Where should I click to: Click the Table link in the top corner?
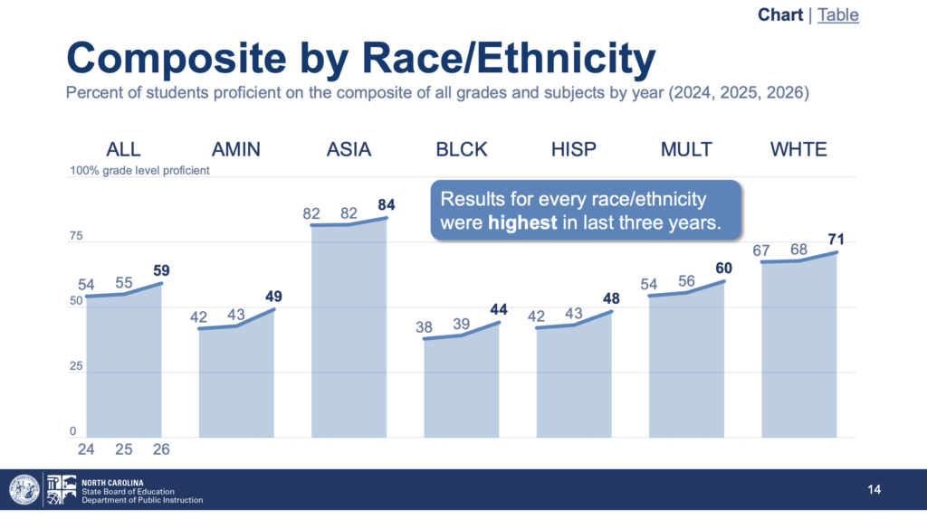tap(837, 14)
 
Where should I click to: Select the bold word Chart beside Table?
tap(780, 14)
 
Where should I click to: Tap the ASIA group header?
tap(349, 149)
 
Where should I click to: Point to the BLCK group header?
tap(462, 149)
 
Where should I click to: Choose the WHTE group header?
tap(798, 149)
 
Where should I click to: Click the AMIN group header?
tap(236, 149)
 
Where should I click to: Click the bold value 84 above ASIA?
tap(387, 205)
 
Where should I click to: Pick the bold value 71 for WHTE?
tap(836, 239)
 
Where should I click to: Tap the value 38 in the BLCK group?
tap(424, 327)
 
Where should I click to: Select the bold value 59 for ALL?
tap(161, 270)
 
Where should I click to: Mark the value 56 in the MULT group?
tap(686, 281)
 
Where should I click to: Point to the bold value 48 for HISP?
tap(611, 298)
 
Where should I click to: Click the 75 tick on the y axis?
tap(76, 236)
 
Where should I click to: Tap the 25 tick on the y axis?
tap(76, 366)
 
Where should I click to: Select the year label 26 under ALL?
tap(161, 450)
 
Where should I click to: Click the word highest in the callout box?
tap(522, 222)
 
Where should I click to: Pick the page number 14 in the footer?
tap(874, 489)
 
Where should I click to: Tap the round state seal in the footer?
tap(24, 489)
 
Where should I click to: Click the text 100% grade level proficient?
tap(139, 171)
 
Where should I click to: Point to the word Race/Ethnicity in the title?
tap(509, 59)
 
